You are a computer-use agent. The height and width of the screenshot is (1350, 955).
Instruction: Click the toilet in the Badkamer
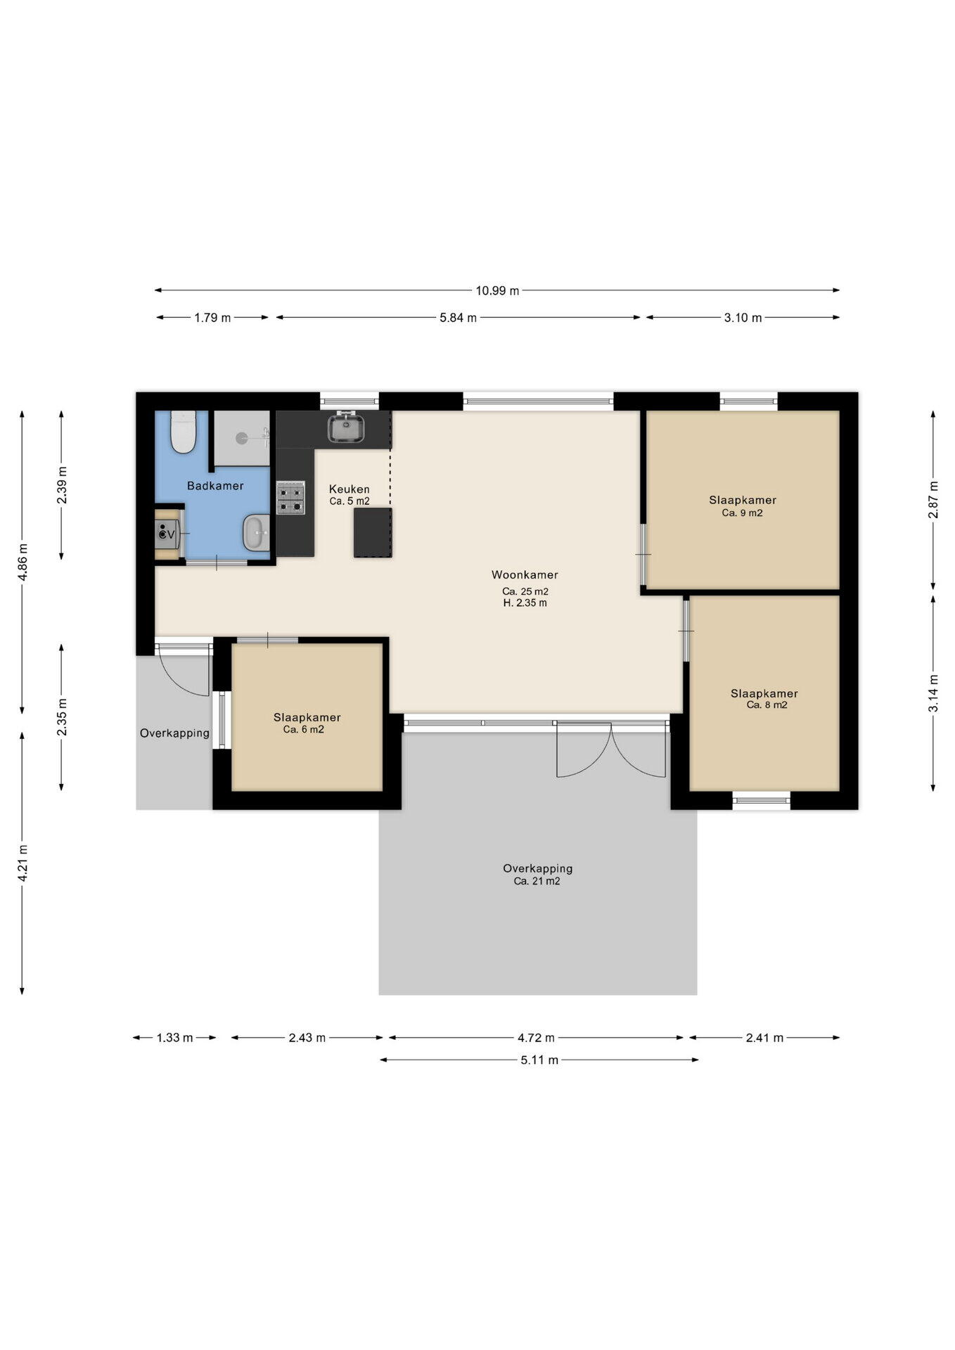(184, 432)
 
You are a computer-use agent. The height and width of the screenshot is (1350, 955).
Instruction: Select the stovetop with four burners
(290, 498)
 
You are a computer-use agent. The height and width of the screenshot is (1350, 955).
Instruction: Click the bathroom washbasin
(256, 533)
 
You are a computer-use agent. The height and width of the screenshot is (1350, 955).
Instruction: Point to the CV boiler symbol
(167, 534)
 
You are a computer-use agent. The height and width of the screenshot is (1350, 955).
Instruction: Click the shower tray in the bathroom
(242, 438)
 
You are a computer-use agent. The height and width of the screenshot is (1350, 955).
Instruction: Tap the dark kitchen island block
(373, 533)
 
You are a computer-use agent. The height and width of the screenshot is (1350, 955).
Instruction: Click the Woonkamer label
(525, 574)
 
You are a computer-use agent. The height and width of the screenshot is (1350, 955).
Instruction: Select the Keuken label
(350, 489)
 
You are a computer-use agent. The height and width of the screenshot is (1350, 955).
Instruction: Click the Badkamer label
(215, 486)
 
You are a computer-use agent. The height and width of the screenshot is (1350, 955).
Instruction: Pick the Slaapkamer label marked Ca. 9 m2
(743, 501)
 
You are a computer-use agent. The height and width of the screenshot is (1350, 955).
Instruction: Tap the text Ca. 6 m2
(304, 730)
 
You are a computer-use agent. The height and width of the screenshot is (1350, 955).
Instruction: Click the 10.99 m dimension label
(497, 290)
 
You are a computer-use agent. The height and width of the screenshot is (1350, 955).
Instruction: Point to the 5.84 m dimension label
(459, 318)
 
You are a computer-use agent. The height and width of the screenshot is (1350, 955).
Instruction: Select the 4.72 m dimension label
(536, 1038)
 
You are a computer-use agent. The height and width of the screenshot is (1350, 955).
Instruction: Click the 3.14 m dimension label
(933, 693)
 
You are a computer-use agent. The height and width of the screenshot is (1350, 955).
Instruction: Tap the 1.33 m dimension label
(174, 1038)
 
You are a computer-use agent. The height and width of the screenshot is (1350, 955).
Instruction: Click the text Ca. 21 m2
(537, 881)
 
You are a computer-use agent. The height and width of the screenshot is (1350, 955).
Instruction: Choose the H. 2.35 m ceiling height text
(525, 603)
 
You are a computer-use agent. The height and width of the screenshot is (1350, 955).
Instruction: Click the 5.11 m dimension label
(539, 1060)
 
